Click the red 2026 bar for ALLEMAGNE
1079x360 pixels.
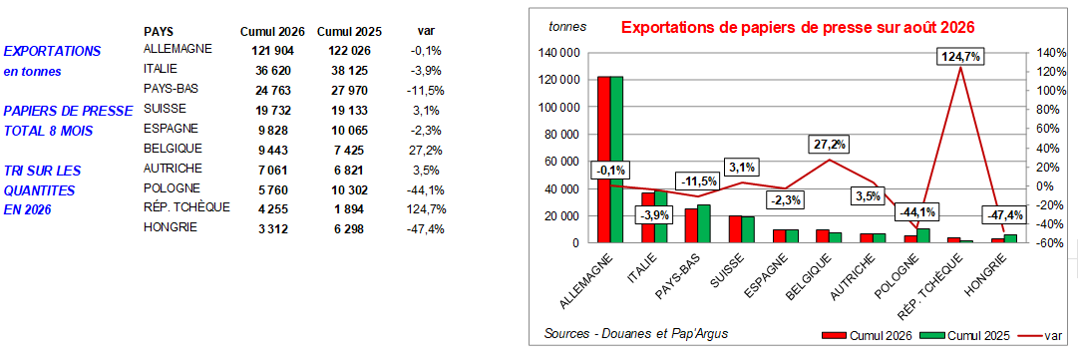(x=603, y=159)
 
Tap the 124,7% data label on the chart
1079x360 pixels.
(x=958, y=57)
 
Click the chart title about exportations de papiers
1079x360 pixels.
(x=789, y=28)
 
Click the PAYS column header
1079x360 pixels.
(x=159, y=32)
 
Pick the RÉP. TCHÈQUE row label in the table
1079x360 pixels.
(x=186, y=207)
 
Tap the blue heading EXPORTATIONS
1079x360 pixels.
(x=52, y=51)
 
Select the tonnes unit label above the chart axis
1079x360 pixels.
(x=567, y=27)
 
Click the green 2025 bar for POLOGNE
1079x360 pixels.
(x=924, y=235)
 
